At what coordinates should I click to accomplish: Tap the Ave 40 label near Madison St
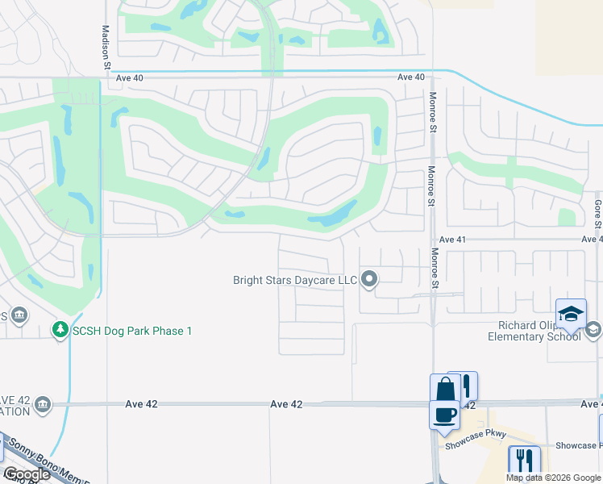pos(129,78)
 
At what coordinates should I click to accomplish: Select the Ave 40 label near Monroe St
pos(410,77)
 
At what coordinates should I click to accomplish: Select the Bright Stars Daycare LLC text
pos(294,281)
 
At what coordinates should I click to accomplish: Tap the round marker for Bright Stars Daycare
pos(370,280)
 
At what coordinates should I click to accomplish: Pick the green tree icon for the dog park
pos(60,330)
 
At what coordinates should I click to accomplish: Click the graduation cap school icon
pos(571,313)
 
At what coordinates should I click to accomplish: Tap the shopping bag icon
pos(444,390)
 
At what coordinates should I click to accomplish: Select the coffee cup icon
pos(444,415)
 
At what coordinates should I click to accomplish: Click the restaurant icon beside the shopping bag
pos(464,386)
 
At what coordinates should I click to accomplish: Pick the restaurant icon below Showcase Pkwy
pos(524,460)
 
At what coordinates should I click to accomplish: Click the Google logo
pos(27,475)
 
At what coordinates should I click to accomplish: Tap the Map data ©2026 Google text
pos(552,478)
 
